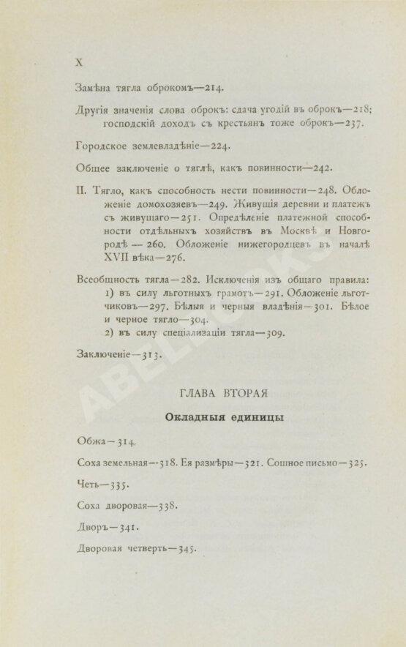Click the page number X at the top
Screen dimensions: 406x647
(79, 64)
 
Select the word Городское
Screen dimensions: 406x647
(100, 145)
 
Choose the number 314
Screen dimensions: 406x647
(124, 441)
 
